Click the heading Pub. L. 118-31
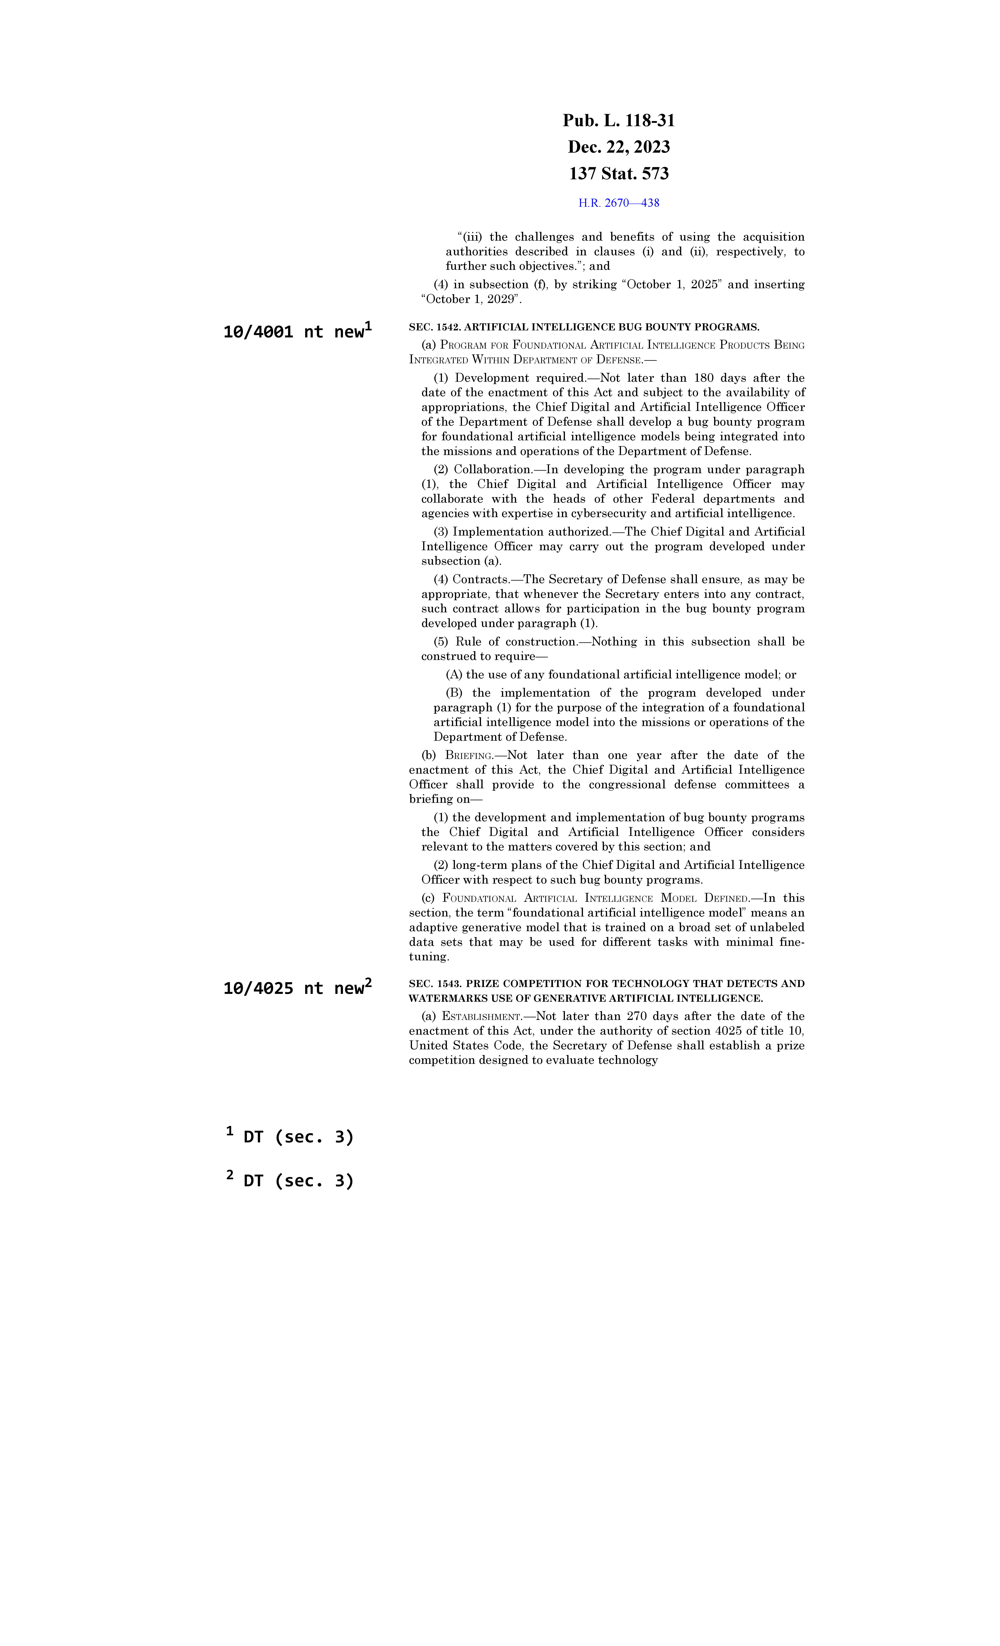coord(618,121)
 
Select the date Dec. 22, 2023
coord(618,147)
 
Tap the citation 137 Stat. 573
coord(618,174)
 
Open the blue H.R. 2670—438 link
coord(618,203)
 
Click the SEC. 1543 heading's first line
coord(606,983)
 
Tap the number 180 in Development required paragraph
coord(703,378)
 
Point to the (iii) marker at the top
coord(469,237)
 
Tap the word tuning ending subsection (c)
coord(428,957)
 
